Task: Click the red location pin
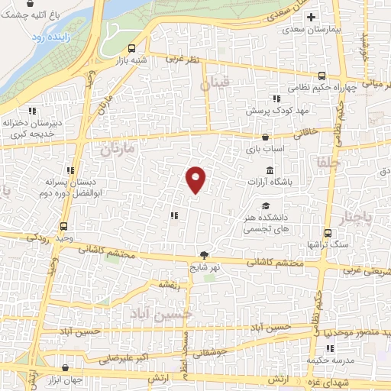pos(196,179)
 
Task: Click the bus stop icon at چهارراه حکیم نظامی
pos(322,76)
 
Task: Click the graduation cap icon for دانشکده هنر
pos(265,205)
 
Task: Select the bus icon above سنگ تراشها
pos(327,233)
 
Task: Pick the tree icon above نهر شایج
pos(204,255)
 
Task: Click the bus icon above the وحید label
pos(63,226)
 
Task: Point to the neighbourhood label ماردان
pos(117,150)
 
